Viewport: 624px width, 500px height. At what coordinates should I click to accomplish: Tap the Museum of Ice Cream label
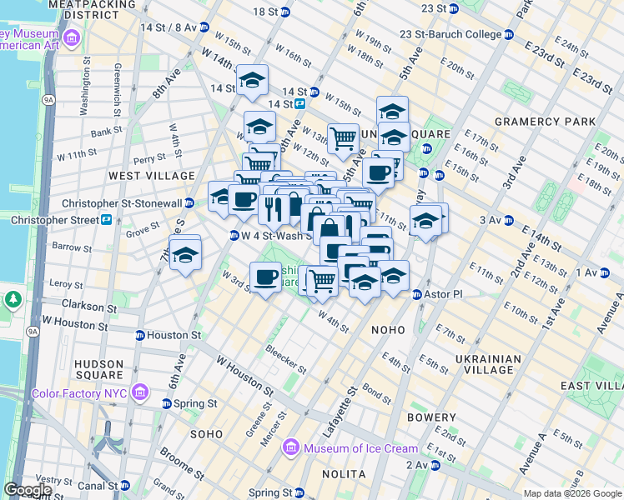(347, 448)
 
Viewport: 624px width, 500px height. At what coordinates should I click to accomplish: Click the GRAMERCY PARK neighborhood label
(545, 122)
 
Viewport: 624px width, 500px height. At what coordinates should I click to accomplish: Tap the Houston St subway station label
(174, 335)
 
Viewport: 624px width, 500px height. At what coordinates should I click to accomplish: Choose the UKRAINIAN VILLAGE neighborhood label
(488, 365)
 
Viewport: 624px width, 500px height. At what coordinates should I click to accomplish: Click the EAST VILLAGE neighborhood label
(591, 386)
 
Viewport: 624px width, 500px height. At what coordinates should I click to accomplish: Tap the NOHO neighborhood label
(389, 330)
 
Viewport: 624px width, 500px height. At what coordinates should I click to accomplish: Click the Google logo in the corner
(28, 490)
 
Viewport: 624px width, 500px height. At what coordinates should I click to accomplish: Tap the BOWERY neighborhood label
(431, 417)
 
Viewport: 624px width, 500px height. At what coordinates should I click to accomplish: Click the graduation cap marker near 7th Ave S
(184, 253)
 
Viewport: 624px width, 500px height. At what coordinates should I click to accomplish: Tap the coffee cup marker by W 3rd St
(266, 278)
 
